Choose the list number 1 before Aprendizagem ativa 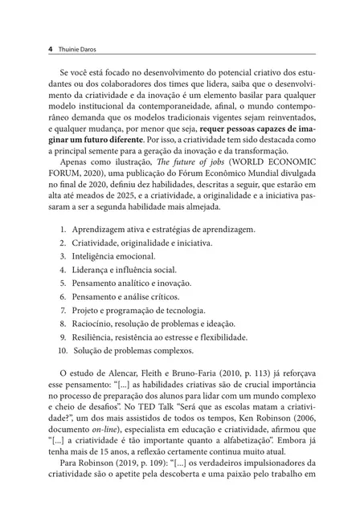[x=63, y=229]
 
